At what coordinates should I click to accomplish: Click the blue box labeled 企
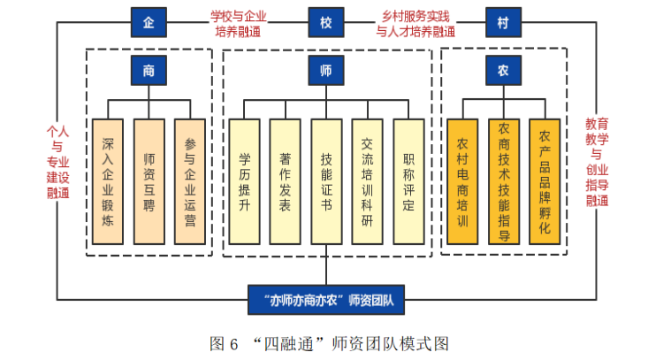click(x=149, y=22)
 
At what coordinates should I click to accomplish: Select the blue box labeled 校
click(x=325, y=22)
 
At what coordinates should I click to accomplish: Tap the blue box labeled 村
click(x=502, y=22)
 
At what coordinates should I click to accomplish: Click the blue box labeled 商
click(x=149, y=71)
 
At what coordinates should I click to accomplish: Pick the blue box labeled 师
click(x=325, y=71)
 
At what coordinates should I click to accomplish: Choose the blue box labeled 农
click(x=502, y=71)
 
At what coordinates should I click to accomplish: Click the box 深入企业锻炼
click(x=108, y=180)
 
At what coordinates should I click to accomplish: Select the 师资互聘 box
click(x=149, y=180)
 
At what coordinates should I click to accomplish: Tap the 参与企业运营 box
click(x=190, y=180)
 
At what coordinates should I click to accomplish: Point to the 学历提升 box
click(x=245, y=180)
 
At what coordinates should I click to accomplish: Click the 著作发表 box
click(x=286, y=180)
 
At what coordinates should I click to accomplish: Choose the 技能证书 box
click(x=326, y=180)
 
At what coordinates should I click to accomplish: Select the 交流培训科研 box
click(x=367, y=180)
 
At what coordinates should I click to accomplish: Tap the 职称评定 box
click(x=408, y=180)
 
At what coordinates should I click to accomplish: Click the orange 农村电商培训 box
click(x=461, y=180)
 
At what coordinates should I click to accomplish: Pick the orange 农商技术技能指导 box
click(x=503, y=180)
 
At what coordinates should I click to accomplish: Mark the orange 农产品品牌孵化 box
click(x=544, y=180)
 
